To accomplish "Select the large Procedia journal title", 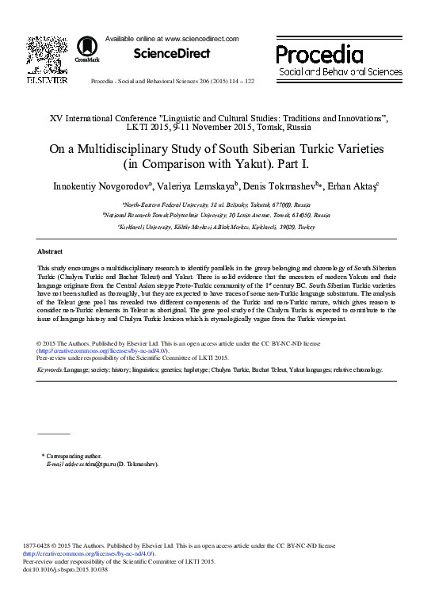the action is (x=319, y=55).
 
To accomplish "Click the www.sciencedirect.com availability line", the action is (x=172, y=38).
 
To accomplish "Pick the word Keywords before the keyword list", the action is (x=51, y=369).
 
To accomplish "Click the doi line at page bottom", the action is (x=70, y=569).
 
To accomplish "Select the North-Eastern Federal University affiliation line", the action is (x=215, y=204).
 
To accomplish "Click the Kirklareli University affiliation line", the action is (x=215, y=226).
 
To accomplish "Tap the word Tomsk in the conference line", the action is (x=272, y=127).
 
